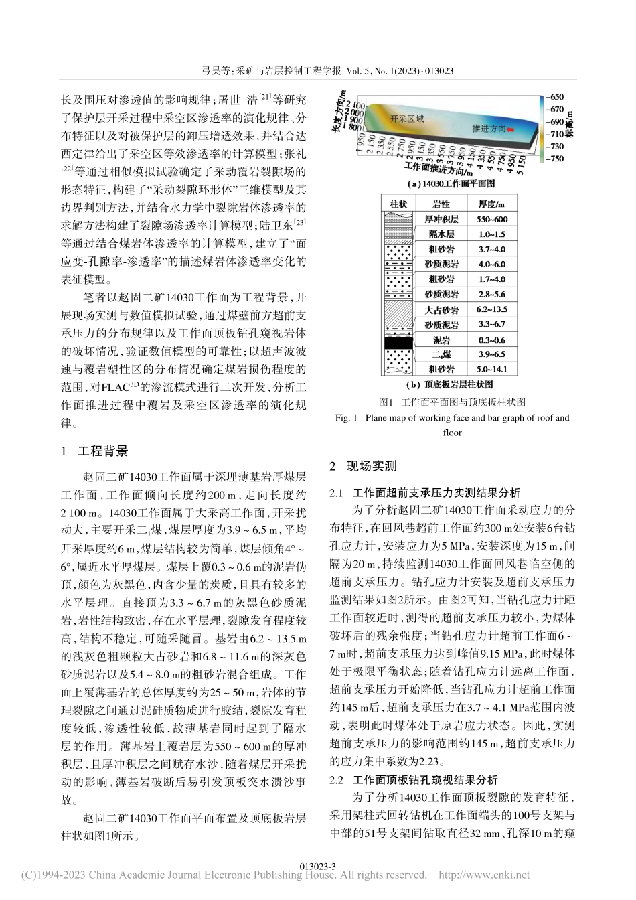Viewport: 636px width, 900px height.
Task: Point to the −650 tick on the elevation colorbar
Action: click(x=556, y=96)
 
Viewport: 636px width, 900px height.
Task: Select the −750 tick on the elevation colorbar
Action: click(x=556, y=159)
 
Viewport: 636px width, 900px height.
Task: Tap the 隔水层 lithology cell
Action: click(x=441, y=234)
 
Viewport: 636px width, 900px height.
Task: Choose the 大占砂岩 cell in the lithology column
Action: click(x=441, y=310)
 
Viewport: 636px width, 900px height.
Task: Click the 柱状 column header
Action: click(x=399, y=203)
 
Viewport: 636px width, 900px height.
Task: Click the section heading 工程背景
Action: click(x=102, y=451)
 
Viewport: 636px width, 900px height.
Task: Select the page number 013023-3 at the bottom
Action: click(x=317, y=866)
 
